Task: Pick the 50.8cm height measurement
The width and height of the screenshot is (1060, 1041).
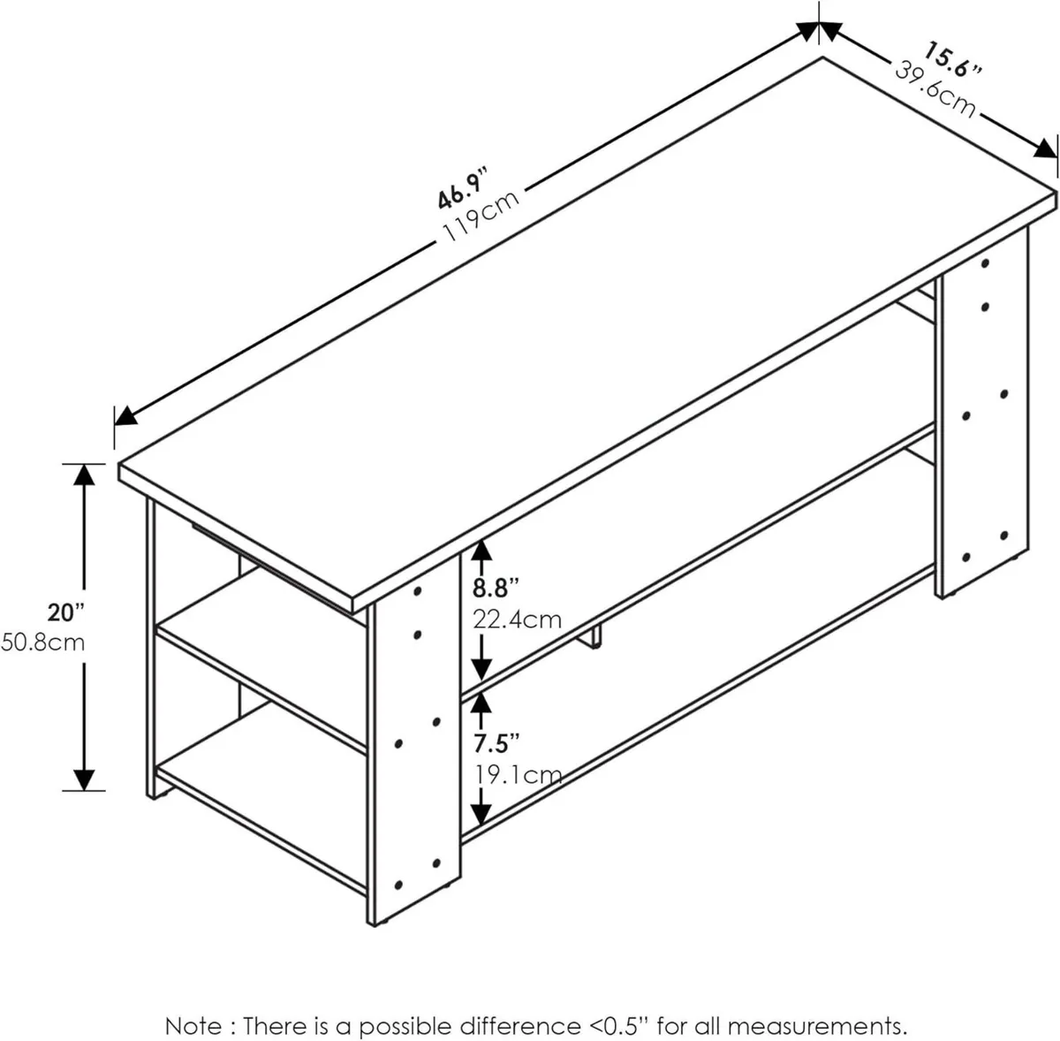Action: click(43, 642)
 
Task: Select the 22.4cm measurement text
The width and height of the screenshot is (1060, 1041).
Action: click(518, 619)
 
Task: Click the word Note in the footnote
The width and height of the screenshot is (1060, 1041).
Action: click(193, 1001)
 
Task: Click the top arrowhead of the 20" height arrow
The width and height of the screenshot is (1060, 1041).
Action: click(84, 475)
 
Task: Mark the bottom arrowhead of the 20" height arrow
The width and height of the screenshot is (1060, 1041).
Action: click(84, 779)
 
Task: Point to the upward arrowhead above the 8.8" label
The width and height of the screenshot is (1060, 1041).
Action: click(481, 552)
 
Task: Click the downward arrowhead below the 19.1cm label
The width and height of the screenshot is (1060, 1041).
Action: click(481, 810)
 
